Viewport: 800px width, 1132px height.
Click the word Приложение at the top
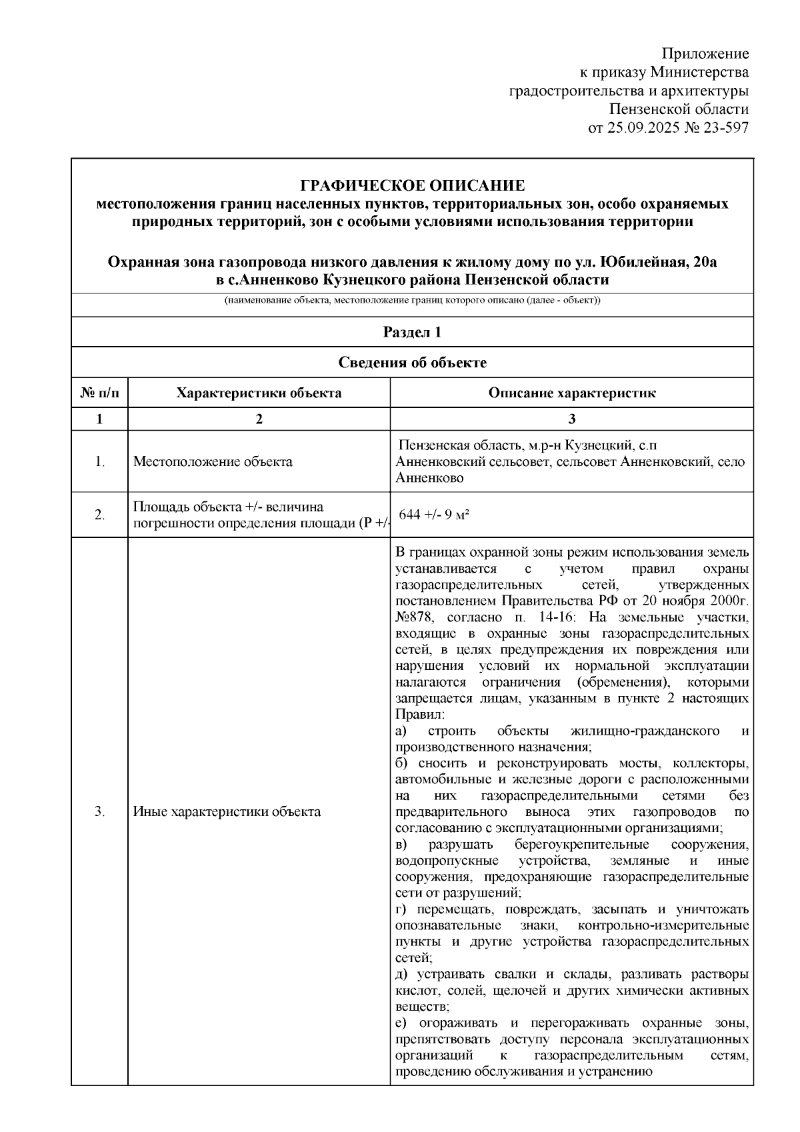point(705,54)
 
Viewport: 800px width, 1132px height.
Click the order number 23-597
point(724,127)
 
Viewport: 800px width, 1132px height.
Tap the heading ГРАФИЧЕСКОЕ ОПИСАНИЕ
point(412,185)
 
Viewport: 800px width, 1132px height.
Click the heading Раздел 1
point(412,332)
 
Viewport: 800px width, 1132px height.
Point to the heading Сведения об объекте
point(412,363)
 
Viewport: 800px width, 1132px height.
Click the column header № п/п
point(99,393)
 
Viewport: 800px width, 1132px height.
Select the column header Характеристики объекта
point(259,393)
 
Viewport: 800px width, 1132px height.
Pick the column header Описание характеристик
point(571,393)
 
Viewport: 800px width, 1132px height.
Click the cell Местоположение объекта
point(213,461)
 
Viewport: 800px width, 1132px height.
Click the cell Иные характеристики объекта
point(227,811)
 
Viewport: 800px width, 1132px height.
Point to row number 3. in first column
point(99,811)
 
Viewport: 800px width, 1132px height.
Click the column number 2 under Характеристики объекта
point(259,419)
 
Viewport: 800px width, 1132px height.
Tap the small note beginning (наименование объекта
point(412,301)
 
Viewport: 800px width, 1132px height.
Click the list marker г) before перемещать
point(401,909)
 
